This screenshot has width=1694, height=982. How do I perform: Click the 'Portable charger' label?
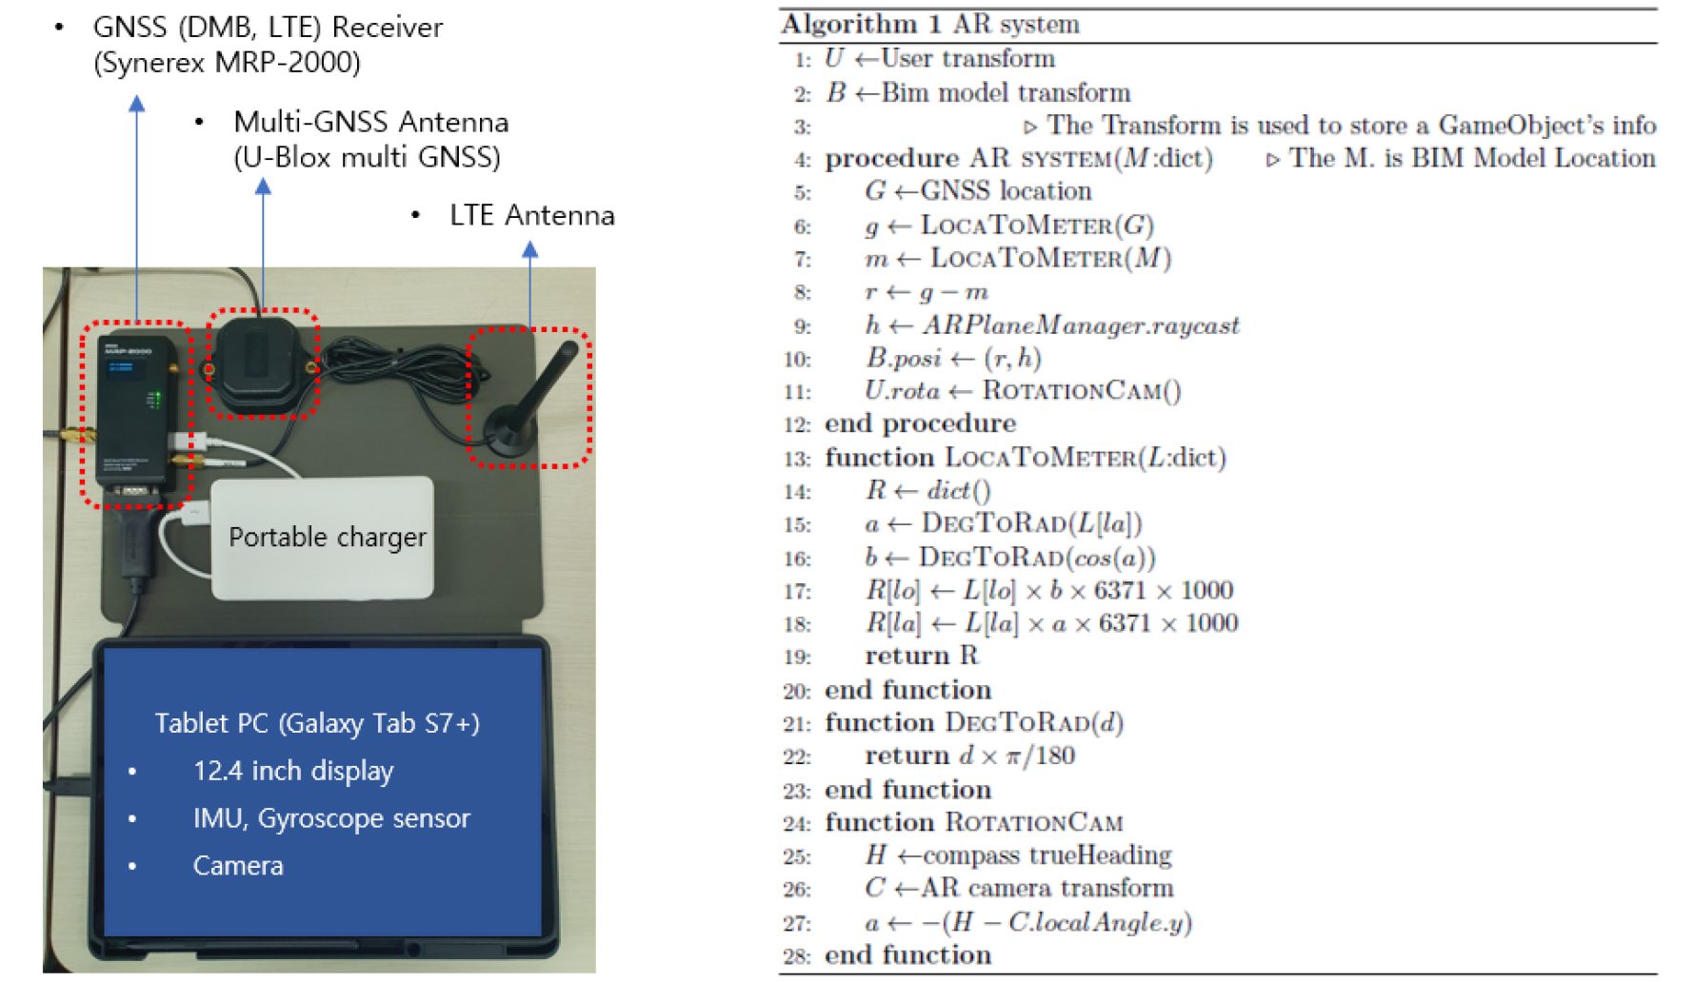pyautogui.click(x=328, y=538)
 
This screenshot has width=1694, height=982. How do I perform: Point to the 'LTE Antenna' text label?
pyautogui.click(x=532, y=215)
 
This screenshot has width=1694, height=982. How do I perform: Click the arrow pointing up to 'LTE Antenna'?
pyautogui.click(x=530, y=285)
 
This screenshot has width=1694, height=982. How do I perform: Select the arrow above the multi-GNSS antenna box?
pyautogui.click(x=263, y=244)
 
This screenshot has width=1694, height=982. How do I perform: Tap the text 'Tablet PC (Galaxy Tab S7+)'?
pyautogui.click(x=317, y=723)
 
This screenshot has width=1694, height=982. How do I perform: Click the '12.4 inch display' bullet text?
pyautogui.click(x=293, y=771)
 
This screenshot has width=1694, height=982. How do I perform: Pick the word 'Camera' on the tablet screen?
pyautogui.click(x=238, y=866)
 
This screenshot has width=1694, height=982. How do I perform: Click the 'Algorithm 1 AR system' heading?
pyautogui.click(x=930, y=24)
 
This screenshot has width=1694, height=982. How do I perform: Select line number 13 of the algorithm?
pyautogui.click(x=797, y=459)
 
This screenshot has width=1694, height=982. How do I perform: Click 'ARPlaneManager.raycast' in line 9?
pyautogui.click(x=1081, y=325)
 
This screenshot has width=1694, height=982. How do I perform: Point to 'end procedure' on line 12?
pyautogui.click(x=920, y=423)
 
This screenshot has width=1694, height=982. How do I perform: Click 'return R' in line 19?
pyautogui.click(x=921, y=656)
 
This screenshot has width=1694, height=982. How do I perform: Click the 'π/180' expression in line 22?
pyautogui.click(x=1041, y=756)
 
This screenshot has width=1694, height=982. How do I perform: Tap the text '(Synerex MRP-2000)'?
pyautogui.click(x=228, y=63)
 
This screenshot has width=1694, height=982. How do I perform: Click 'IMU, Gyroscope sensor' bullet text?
pyautogui.click(x=331, y=818)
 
